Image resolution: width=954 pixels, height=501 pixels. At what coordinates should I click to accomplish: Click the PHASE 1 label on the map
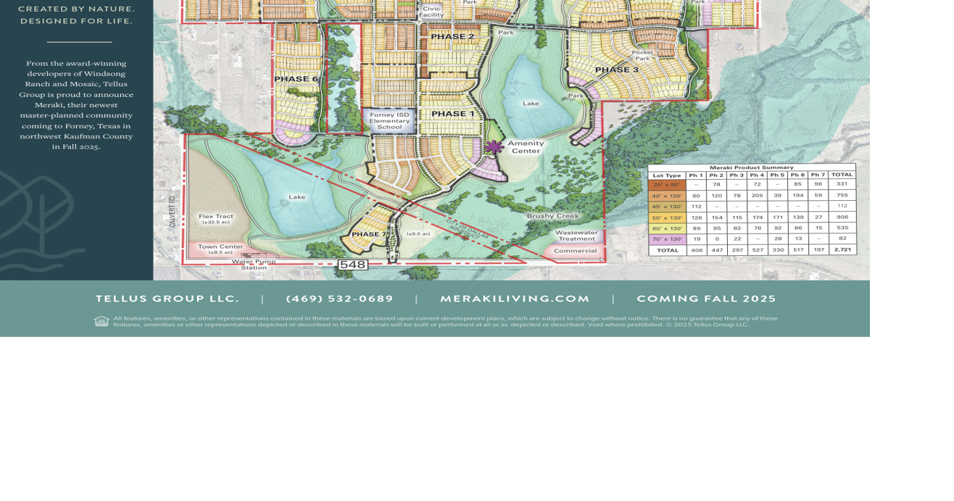pos(452,114)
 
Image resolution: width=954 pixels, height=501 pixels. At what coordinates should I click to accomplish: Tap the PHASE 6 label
pos(296,79)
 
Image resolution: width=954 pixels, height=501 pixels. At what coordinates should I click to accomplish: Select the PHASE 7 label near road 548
pos(369,234)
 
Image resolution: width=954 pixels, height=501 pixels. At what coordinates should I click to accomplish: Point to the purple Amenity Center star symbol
pos(494,147)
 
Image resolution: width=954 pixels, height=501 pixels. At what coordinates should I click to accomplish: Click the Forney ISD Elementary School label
pos(389,121)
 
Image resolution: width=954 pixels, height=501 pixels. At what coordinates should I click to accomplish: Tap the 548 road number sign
pos(352,265)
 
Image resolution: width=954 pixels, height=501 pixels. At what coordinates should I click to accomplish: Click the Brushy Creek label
pos(553,216)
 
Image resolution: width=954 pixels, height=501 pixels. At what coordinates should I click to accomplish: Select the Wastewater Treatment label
pos(577,236)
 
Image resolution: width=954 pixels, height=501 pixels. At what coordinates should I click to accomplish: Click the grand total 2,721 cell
pos(842,249)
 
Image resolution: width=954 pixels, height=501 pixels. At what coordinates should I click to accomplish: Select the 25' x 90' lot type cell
pos(667,185)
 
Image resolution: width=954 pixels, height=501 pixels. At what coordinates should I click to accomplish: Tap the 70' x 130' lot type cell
pos(667,239)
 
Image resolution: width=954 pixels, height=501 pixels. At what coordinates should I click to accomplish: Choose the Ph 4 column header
pos(757,175)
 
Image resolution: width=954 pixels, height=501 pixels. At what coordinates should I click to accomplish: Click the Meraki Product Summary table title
pos(751,167)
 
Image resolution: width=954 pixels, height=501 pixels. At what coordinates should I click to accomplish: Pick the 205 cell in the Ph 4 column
pos(757,196)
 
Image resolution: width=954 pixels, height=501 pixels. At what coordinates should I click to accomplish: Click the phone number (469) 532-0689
pos(339,299)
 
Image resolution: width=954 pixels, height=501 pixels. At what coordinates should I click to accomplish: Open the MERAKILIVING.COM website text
pos(515,299)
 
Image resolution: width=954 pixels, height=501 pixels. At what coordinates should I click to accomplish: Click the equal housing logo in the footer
pos(101,321)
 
